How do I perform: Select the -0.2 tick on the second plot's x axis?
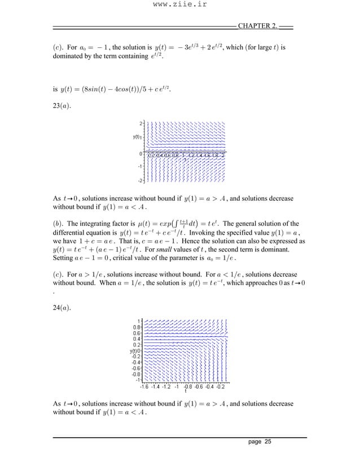click(x=220, y=386)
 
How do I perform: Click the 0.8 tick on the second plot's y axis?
click(x=136, y=327)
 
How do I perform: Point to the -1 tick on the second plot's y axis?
click(x=137, y=379)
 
